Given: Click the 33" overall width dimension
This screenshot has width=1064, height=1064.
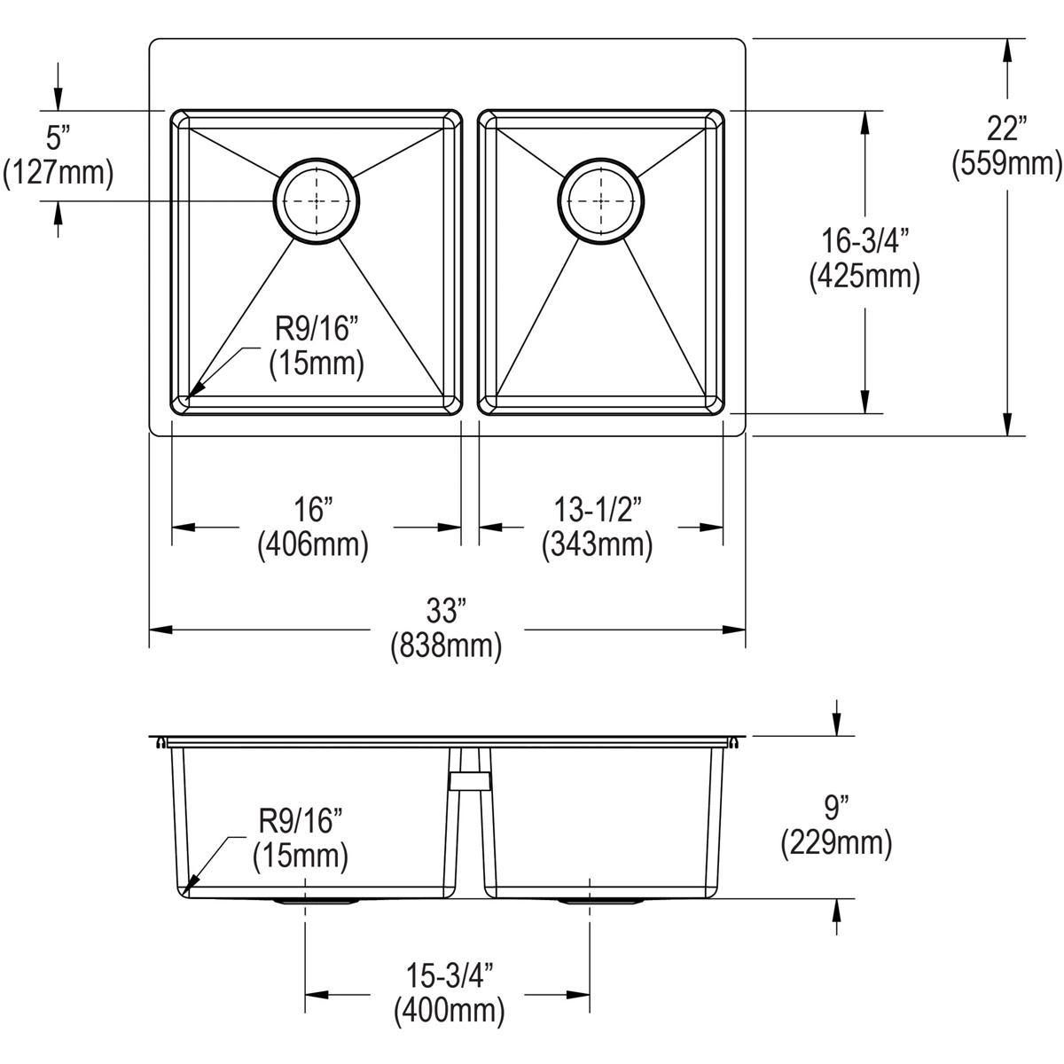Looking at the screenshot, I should pyautogui.click(x=445, y=610).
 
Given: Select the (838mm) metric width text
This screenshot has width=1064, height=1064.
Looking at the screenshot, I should pyautogui.click(x=445, y=646).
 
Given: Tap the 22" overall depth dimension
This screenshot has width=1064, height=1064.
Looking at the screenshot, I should pyautogui.click(x=1006, y=129).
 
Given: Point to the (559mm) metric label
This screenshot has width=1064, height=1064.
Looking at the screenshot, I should pyautogui.click(x=1006, y=163).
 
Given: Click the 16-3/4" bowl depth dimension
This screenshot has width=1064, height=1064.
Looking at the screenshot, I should pyautogui.click(x=864, y=241).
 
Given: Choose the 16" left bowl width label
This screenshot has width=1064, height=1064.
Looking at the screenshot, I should pyautogui.click(x=313, y=509).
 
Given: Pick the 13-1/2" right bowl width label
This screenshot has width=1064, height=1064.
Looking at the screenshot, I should pyautogui.click(x=598, y=509).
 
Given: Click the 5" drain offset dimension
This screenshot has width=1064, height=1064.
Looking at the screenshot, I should pyautogui.click(x=58, y=137).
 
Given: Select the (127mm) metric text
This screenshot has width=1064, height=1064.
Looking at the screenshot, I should pyautogui.click(x=59, y=172).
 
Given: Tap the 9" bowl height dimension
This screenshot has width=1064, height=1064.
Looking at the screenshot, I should pyautogui.click(x=836, y=808).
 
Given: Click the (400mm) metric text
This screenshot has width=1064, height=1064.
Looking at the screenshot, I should pyautogui.click(x=449, y=1009).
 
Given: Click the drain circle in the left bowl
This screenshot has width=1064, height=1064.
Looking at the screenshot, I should pyautogui.click(x=317, y=201).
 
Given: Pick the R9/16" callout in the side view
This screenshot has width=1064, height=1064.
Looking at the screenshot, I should pyautogui.click(x=300, y=822).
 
